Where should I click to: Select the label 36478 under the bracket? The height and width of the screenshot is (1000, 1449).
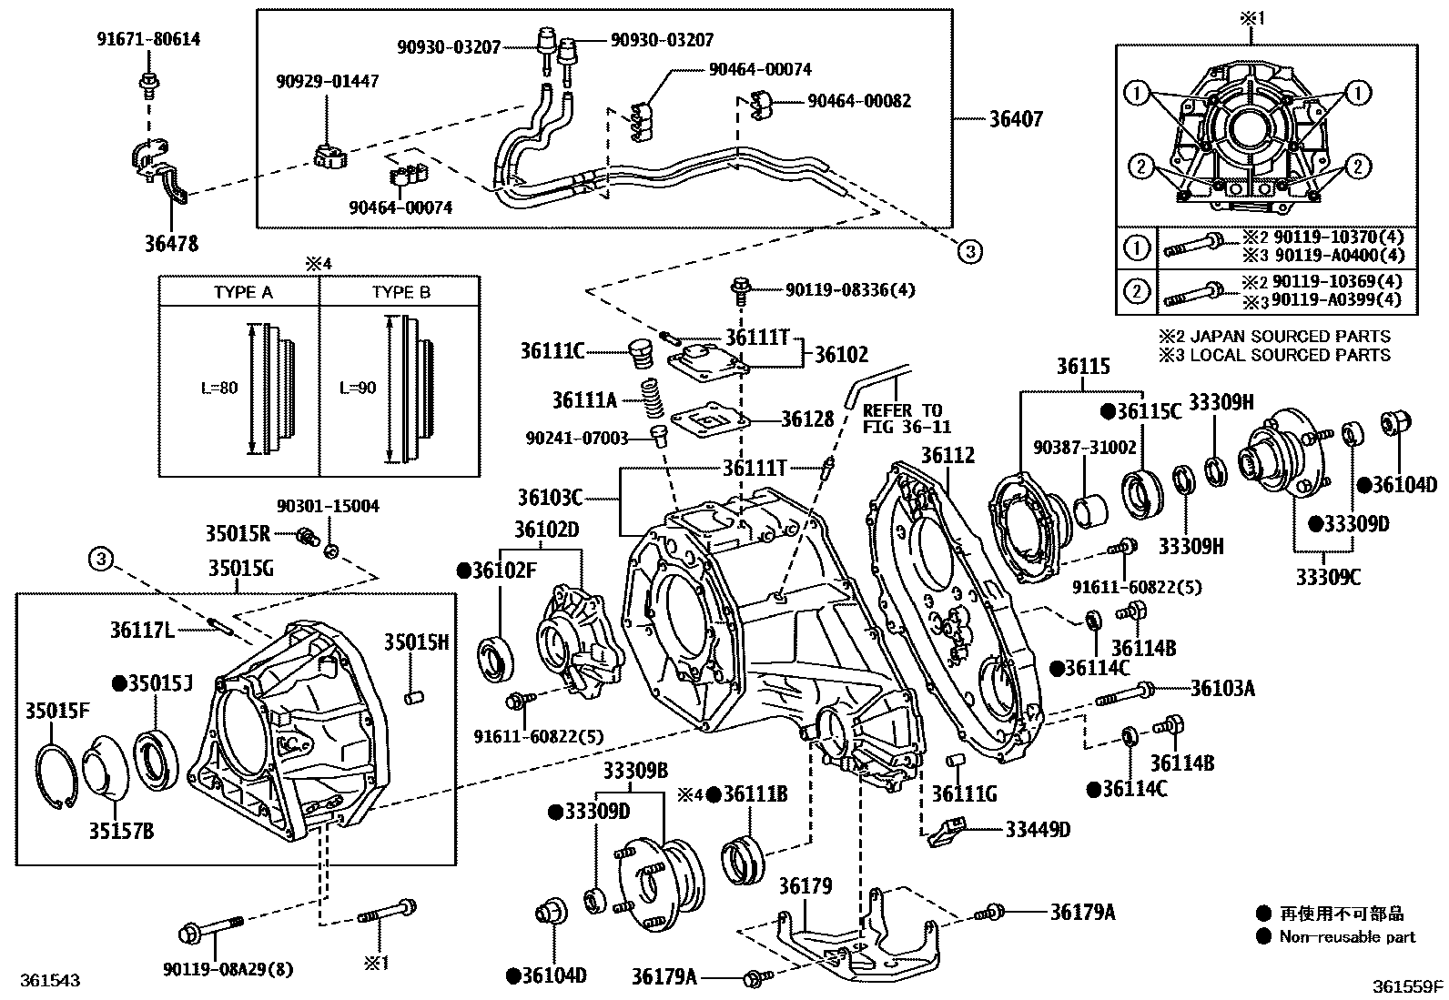click(x=170, y=244)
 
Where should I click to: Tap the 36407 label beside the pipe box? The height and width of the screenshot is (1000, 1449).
click(x=1016, y=119)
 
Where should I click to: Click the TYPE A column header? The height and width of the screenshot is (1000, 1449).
click(x=243, y=293)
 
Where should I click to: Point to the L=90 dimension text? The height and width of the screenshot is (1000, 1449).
click(x=358, y=388)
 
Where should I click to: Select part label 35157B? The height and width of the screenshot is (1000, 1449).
click(x=121, y=830)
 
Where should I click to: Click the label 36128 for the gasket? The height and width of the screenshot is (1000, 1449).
click(x=806, y=419)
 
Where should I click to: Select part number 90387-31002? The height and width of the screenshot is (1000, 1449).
click(x=1084, y=447)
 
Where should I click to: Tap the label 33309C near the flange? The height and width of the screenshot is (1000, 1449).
click(x=1327, y=576)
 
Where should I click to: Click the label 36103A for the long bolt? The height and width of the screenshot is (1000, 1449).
click(x=1221, y=689)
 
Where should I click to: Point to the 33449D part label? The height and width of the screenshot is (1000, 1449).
click(x=1038, y=829)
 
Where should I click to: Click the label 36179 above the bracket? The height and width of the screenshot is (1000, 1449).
click(x=806, y=885)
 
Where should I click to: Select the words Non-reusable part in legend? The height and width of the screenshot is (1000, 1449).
click(x=1347, y=937)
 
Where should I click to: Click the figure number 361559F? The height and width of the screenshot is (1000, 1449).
click(x=1408, y=985)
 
